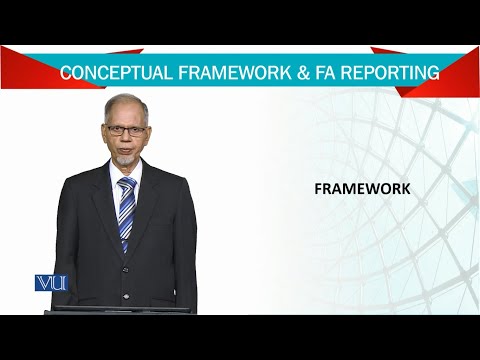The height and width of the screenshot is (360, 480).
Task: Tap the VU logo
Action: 50,283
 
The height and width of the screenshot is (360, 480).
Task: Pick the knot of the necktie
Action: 125,183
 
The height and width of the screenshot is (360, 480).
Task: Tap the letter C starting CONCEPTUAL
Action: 65,73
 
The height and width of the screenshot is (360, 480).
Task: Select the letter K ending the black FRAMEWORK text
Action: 393,188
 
